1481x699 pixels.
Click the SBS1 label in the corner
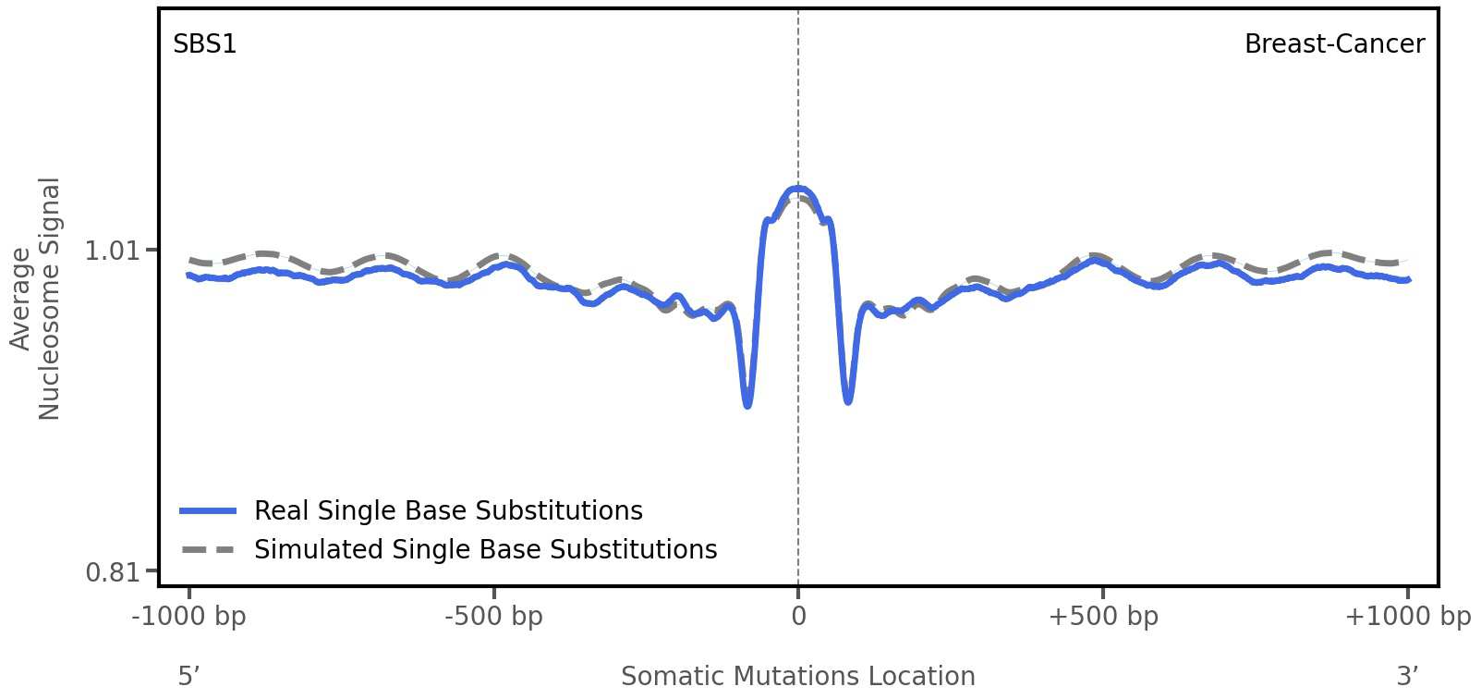point(204,44)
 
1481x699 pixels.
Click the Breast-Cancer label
point(1333,44)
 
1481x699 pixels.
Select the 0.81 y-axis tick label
point(111,573)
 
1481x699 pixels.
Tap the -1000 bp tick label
point(188,617)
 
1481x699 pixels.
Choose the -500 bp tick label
point(493,617)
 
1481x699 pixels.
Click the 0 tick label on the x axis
point(798,617)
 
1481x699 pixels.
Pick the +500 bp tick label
point(1102,617)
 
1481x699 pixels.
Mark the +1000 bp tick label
point(1406,617)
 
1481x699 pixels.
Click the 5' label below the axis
point(188,677)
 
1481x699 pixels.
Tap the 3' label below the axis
point(1406,677)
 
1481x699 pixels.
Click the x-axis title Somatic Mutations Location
point(797,677)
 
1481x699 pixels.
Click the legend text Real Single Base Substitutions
point(447,511)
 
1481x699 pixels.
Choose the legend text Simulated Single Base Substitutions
point(485,550)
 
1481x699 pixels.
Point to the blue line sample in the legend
point(208,511)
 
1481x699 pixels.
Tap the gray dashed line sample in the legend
point(208,550)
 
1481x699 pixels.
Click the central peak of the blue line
point(797,189)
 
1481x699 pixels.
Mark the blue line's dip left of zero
point(747,405)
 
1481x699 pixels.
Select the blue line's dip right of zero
point(848,401)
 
